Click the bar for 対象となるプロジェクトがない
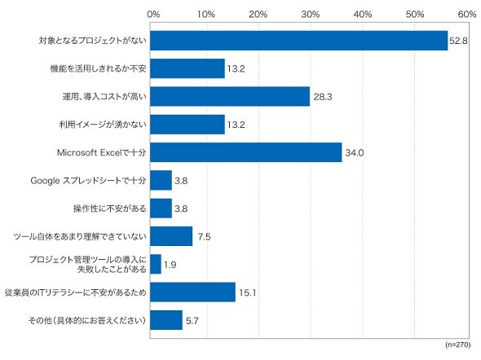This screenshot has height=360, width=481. point(298,41)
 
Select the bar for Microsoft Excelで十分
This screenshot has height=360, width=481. point(245,152)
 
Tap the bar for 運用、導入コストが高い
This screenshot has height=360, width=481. point(230,96)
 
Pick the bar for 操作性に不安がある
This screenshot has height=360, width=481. point(161,209)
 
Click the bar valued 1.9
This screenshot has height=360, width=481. point(156,264)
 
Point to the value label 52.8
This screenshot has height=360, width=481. point(458,41)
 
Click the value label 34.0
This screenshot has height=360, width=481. point(355,152)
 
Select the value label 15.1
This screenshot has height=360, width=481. point(247,292)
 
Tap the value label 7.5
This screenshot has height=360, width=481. point(204,237)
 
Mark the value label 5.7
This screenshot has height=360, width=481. point(192,321)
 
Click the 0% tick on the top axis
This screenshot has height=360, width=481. point(153,14)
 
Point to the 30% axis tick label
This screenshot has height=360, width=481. point(311,14)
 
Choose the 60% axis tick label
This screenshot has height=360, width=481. point(467,14)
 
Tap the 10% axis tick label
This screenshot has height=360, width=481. point(205,14)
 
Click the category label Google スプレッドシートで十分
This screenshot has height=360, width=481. point(88,181)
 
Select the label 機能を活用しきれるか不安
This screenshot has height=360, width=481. point(98,68)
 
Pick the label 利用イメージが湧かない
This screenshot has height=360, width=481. point(103,125)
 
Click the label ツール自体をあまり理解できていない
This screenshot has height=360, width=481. point(80,236)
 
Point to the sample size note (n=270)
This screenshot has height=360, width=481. point(457,345)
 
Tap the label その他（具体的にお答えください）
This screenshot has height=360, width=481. point(87,320)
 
